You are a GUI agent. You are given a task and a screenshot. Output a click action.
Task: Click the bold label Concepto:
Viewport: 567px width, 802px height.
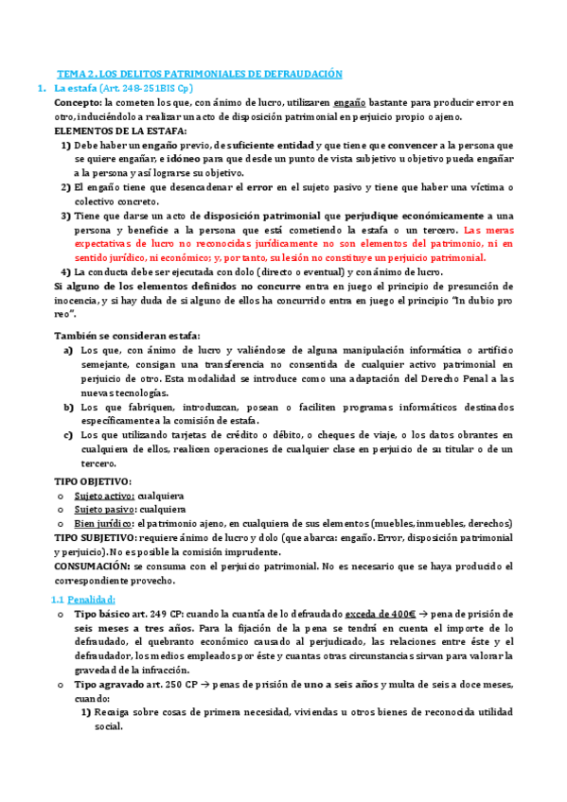tap(79, 102)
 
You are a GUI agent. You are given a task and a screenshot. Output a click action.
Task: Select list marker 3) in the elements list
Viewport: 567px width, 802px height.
tap(65, 215)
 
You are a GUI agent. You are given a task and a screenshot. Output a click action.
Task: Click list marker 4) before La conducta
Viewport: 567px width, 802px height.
tap(65, 271)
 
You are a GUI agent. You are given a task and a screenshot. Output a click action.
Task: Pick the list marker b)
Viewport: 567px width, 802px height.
tap(69, 407)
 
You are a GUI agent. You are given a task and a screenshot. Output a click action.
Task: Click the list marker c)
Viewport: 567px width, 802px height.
tap(69, 435)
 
